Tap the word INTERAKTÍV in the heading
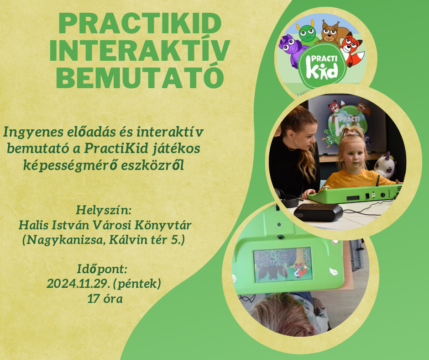pyautogui.click(x=140, y=50)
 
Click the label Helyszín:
pyautogui.click(x=104, y=211)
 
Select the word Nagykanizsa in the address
pyautogui.click(x=65, y=240)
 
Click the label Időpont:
pyautogui.click(x=102, y=270)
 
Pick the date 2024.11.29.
pyautogui.click(x=78, y=284)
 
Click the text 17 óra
pyautogui.click(x=105, y=299)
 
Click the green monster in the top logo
pyautogui.click(x=308, y=33)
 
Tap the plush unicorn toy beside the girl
pyautogui.click(x=385, y=165)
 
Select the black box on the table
pyautogui.click(x=318, y=212)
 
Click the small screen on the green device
pyautogui.click(x=283, y=265)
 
